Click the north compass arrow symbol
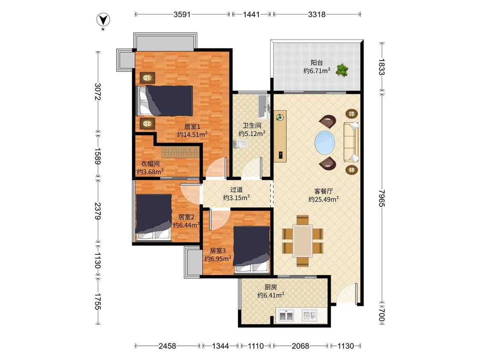(x=103, y=20)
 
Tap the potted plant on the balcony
(x=342, y=70)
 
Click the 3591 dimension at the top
(x=182, y=15)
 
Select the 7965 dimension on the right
(x=381, y=198)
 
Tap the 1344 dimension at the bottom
(x=221, y=346)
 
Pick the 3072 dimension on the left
(x=98, y=92)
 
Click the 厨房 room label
(x=271, y=287)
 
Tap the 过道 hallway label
(x=236, y=190)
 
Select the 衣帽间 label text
(x=150, y=164)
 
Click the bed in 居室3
(x=252, y=249)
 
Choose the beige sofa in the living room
(x=351, y=142)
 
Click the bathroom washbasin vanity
(x=264, y=107)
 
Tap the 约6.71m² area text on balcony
(x=317, y=71)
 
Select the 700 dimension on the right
(x=381, y=315)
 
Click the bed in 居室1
(x=165, y=101)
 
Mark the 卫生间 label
(x=252, y=125)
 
